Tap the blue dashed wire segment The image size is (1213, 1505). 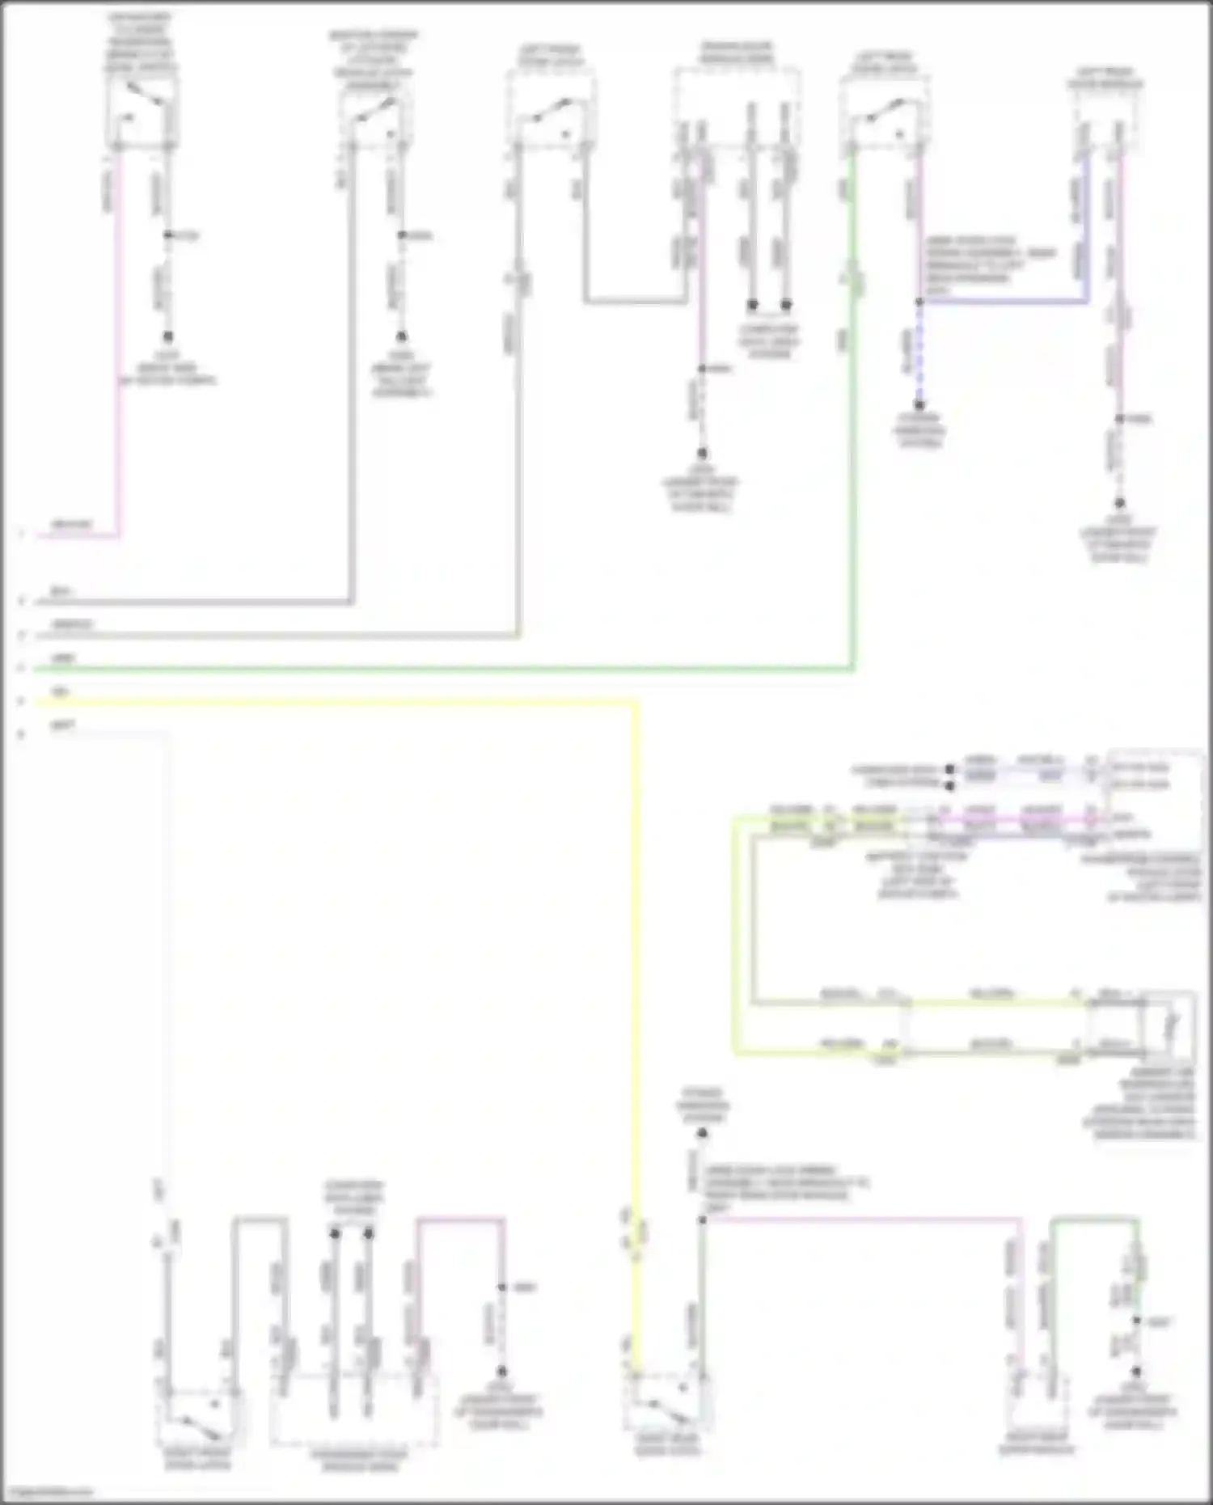(x=919, y=356)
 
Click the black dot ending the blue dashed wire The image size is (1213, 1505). (x=919, y=405)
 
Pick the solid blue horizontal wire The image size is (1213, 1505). (x=1003, y=302)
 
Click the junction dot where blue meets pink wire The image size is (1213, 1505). (x=919, y=302)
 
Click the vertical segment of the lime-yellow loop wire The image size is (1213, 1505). (x=735, y=938)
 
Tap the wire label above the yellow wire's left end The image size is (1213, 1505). (x=60, y=691)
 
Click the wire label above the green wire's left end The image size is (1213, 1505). (x=63, y=658)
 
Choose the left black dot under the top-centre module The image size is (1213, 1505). (x=752, y=305)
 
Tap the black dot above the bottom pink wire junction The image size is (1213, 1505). (x=702, y=1134)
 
